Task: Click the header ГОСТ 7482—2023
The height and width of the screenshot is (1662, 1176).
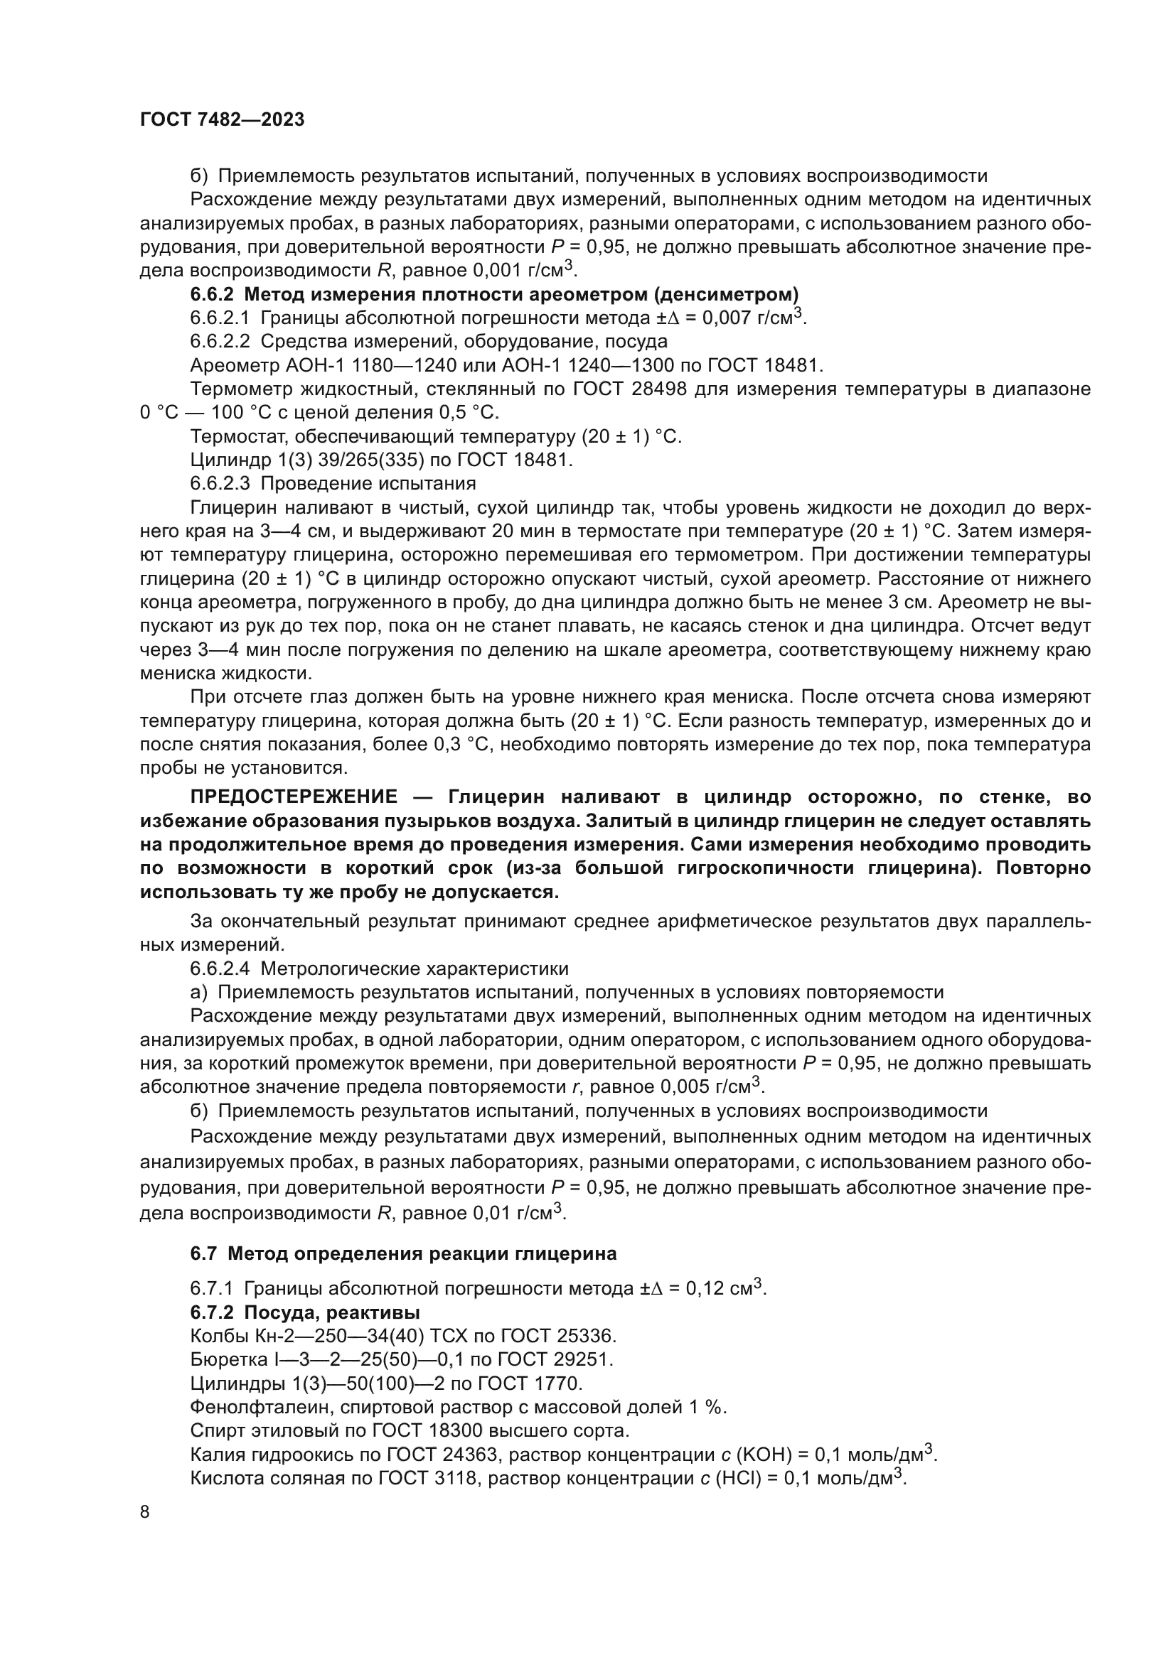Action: (x=223, y=120)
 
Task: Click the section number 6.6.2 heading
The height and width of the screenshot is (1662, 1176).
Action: (x=213, y=295)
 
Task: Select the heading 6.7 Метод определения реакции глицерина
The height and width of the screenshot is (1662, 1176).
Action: (x=403, y=1253)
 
